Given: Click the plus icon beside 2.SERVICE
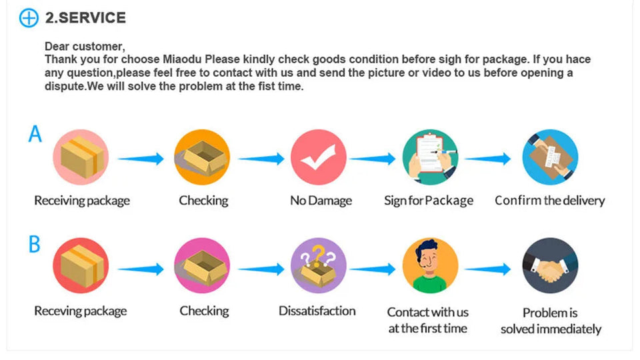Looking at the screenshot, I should click(x=29, y=18).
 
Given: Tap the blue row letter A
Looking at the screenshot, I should click(x=35, y=135).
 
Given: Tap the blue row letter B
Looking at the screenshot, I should click(x=35, y=245).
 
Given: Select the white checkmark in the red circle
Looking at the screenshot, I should click(x=319, y=157).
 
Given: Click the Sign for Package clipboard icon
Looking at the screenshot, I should click(x=429, y=157).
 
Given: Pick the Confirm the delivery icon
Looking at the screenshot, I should click(x=550, y=157).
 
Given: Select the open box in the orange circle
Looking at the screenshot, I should click(x=202, y=157).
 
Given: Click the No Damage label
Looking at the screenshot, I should click(x=321, y=201).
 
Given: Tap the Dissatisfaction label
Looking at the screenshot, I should click(x=317, y=311).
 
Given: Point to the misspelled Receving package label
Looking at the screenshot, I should click(x=80, y=311).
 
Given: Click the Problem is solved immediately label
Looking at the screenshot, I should click(x=551, y=321).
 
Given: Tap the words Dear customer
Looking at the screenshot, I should click(x=85, y=46).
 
